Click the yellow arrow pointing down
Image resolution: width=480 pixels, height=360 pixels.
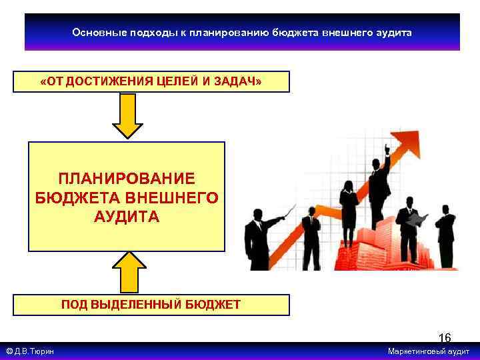(127, 115)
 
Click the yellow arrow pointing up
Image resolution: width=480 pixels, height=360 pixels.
(128, 273)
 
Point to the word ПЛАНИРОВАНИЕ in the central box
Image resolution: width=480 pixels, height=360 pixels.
(127, 179)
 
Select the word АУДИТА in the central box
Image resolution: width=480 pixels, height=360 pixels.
(127, 217)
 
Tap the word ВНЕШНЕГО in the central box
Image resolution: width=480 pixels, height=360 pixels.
(174, 198)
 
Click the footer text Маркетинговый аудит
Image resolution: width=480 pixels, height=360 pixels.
(429, 351)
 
